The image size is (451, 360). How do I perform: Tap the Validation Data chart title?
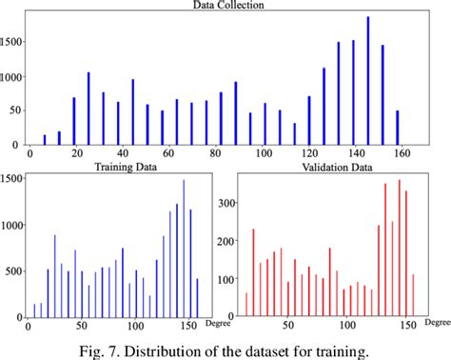pyautogui.click(x=330, y=169)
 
